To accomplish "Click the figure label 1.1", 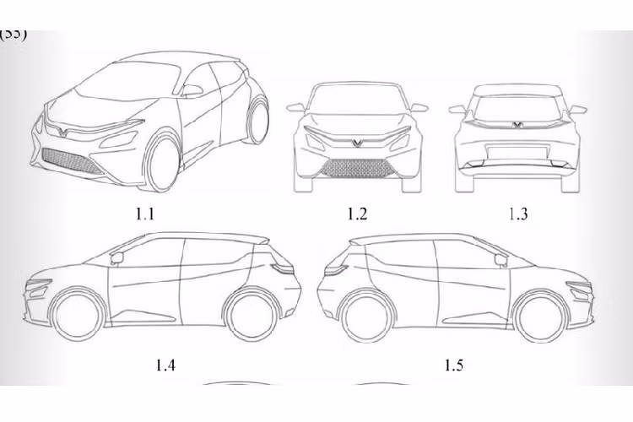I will pos(145,214).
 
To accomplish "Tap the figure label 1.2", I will pos(357,214).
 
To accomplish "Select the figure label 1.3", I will pos(517,214).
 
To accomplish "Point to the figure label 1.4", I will pos(166,365).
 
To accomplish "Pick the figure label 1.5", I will pos(453,365).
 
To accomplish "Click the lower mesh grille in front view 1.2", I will pos(356,169).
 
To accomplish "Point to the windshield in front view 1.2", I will pos(357,101).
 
